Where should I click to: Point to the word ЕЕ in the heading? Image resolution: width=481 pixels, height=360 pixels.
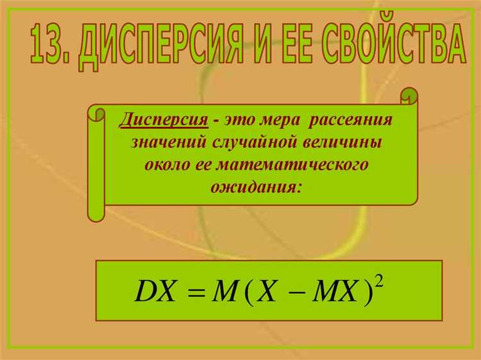tap(294, 43)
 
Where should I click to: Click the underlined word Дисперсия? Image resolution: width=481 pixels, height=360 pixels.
tap(164, 120)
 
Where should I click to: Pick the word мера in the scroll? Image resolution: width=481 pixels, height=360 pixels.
tap(280, 120)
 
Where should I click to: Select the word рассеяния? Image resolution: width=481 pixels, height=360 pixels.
tap(350, 120)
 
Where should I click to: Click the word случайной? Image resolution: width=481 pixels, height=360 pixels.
tap(253, 142)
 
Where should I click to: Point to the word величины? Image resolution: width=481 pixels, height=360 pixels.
tap(342, 142)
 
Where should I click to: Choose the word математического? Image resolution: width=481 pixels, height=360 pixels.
tap(292, 164)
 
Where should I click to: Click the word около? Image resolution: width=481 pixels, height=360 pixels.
tap(168, 165)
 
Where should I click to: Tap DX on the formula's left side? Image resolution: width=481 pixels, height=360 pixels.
tap(155, 291)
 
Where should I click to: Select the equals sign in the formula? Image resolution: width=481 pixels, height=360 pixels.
tap(196, 291)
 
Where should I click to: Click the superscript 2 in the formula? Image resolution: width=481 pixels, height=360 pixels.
tap(379, 282)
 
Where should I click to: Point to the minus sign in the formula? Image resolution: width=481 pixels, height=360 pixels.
tap(297, 292)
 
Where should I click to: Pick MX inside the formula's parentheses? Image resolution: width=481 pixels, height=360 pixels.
tap(335, 291)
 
